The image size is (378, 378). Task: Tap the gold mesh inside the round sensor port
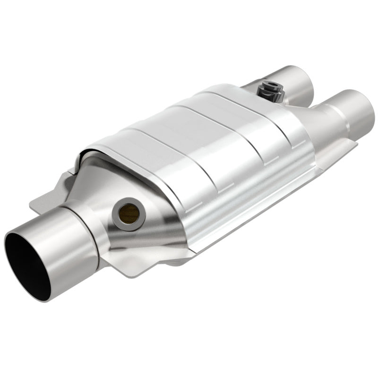tap(130, 214)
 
